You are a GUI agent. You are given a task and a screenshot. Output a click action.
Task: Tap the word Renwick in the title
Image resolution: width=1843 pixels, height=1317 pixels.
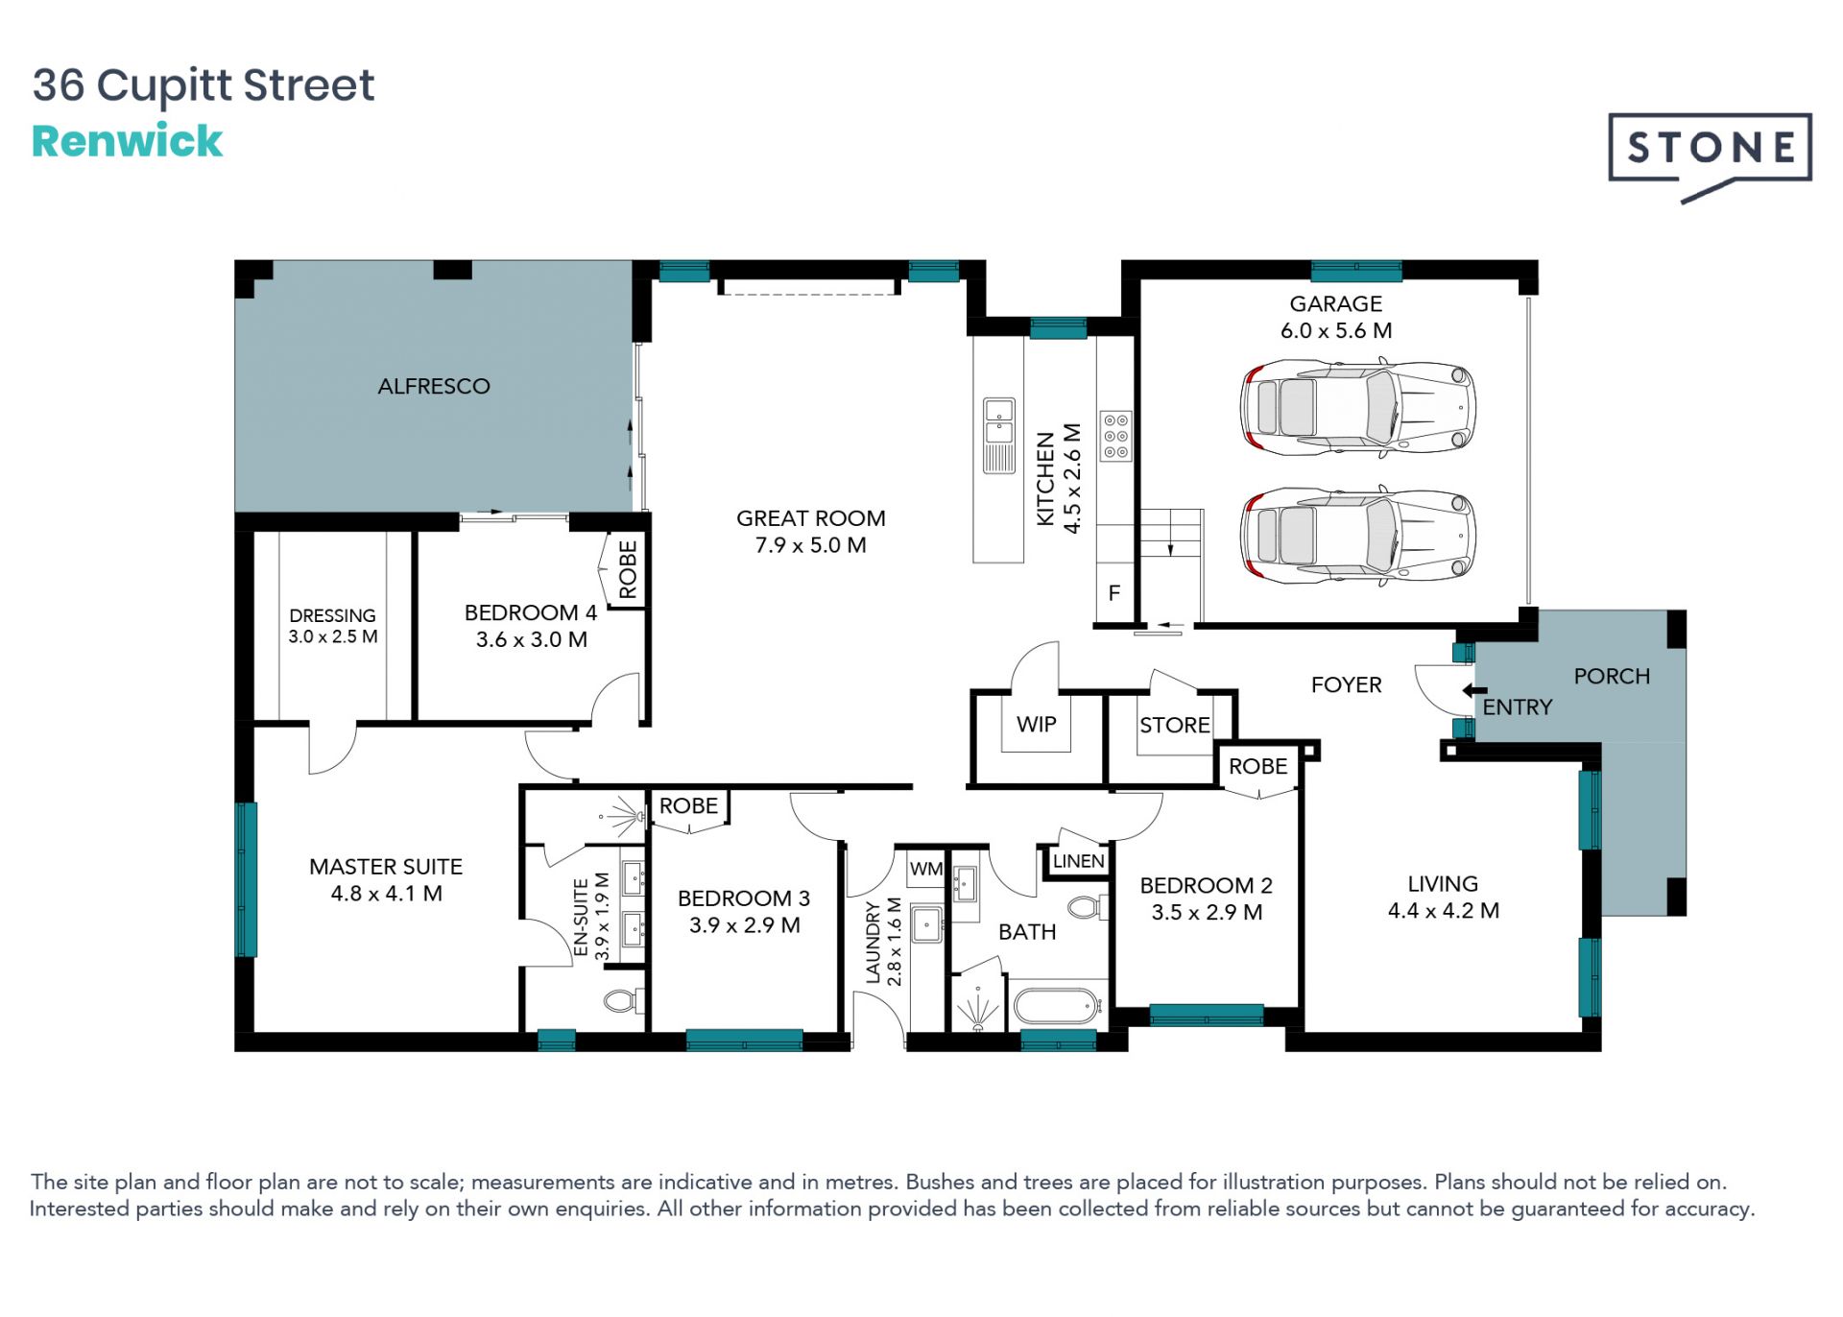tap(127, 141)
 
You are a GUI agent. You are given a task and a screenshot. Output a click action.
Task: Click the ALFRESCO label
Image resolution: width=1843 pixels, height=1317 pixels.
tap(434, 386)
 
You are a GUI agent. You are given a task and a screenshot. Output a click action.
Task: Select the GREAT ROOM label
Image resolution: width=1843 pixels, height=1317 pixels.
tap(811, 518)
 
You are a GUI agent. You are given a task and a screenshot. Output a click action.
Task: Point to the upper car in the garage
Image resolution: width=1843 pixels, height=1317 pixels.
tap(1357, 407)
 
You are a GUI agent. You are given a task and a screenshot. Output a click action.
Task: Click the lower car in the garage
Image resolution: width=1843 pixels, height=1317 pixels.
tap(1357, 536)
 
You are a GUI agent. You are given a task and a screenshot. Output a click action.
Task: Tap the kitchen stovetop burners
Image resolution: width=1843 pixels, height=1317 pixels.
tap(1115, 436)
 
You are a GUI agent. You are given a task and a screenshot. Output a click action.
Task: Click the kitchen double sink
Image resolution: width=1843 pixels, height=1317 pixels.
tap(999, 435)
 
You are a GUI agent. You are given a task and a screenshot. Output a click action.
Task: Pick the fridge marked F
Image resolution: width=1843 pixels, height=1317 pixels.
tap(1114, 593)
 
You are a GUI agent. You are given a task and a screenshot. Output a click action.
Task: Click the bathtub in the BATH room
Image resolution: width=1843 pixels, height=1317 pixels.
tap(1056, 1006)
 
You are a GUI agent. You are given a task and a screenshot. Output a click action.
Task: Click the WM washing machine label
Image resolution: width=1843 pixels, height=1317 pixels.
tap(926, 869)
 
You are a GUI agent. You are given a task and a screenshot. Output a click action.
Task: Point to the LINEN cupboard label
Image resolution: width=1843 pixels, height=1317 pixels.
tap(1079, 861)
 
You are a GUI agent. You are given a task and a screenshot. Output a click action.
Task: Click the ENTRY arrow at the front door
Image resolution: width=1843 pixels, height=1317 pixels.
tap(1474, 690)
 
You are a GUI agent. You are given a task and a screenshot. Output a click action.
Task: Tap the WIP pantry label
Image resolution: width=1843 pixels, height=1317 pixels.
tap(1037, 725)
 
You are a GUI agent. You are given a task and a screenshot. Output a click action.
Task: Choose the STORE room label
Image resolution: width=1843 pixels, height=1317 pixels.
tap(1175, 726)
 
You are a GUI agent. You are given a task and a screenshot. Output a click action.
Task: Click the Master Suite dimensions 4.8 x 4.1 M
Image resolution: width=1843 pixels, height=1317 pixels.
tap(387, 894)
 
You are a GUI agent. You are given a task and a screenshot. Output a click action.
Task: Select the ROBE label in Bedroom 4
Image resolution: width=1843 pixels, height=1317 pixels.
tap(629, 569)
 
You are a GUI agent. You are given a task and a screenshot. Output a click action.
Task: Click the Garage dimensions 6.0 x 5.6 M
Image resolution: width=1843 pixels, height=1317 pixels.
tap(1336, 331)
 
